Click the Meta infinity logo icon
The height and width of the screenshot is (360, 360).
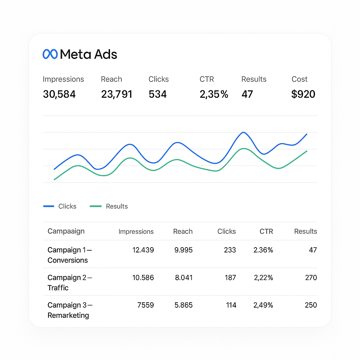point(50,54)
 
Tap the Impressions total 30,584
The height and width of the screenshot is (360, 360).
point(59,94)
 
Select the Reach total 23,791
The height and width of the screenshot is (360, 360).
point(117,94)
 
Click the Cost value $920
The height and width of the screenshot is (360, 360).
point(303,94)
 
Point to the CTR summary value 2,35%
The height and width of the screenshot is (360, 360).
point(214,94)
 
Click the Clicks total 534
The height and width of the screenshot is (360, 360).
point(157,94)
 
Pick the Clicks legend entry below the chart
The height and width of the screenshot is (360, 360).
point(60,206)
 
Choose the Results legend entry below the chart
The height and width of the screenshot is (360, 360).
point(109,206)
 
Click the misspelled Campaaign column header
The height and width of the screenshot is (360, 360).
point(66,231)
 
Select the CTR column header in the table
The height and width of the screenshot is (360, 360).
point(266,231)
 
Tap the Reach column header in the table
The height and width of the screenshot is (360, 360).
point(183,231)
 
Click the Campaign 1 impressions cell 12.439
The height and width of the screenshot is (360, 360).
point(143,250)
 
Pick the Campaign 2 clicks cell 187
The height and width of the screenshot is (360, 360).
point(230,278)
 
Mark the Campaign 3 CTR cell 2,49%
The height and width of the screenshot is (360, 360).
point(263,305)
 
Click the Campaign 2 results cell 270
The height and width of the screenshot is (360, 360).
point(311,278)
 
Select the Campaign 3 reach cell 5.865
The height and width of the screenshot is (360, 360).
point(184,305)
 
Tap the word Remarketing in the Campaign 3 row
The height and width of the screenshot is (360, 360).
point(68,315)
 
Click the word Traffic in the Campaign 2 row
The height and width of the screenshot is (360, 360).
point(58,288)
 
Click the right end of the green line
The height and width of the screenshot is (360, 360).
point(307,151)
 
